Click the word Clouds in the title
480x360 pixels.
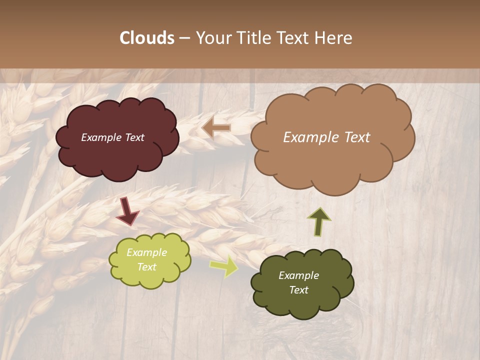(x=146, y=38)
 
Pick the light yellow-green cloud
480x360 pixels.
(x=150, y=277)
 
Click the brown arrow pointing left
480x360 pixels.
(x=216, y=127)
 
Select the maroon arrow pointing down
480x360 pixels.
(x=127, y=211)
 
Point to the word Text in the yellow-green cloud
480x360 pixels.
(x=147, y=267)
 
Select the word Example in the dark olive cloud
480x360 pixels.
(x=298, y=275)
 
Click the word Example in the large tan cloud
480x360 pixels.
(x=309, y=137)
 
